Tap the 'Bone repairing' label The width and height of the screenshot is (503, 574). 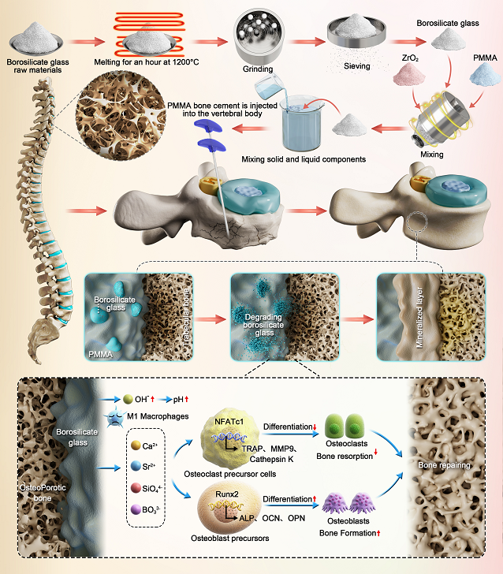pyautogui.click(x=444, y=465)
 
